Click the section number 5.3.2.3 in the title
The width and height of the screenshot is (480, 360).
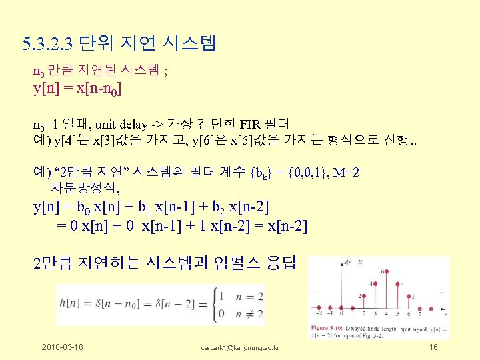[47, 45]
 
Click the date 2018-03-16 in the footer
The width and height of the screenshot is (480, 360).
[63, 348]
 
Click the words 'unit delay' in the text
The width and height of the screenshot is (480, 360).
[119, 123]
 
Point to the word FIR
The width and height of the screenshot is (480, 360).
[251, 123]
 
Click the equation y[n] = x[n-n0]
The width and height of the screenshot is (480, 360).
[77, 89]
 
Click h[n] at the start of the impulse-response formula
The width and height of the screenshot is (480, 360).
[68, 304]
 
